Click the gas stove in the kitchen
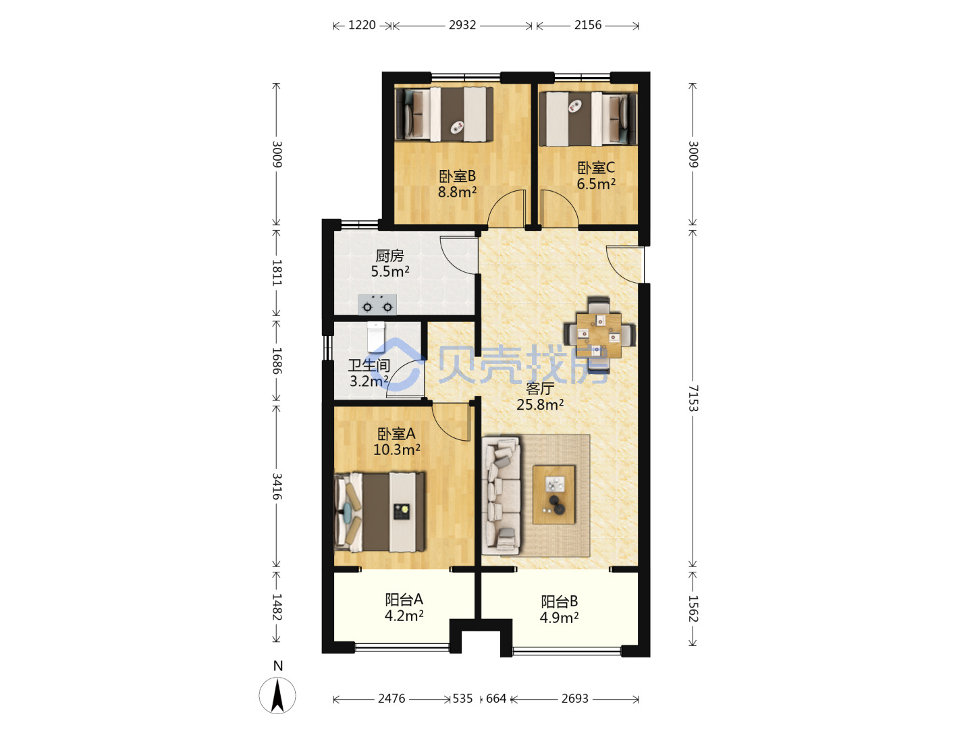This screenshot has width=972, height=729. [377, 304]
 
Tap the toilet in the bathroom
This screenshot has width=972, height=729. [376, 337]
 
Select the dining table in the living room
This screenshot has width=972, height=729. [599, 335]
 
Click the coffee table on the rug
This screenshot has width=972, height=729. [553, 494]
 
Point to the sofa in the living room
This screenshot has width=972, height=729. [501, 495]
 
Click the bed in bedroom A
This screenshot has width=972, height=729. [379, 512]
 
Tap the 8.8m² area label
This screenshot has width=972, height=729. [457, 192]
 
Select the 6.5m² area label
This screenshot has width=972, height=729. [595, 184]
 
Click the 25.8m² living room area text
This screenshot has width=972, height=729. [540, 404]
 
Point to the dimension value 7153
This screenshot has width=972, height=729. [693, 398]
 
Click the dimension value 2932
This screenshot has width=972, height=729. [462, 25]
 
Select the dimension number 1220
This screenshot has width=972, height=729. [362, 25]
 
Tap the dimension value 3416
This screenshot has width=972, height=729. [276, 486]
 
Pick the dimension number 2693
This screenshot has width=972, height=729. [575, 699]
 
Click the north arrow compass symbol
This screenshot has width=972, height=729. [277, 695]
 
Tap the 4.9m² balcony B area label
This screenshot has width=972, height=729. [559, 618]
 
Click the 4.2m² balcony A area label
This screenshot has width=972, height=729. [404, 616]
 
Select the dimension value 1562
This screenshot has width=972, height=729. [693, 609]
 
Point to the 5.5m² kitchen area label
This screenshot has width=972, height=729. [389, 271]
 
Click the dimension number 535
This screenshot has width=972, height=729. [462, 699]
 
